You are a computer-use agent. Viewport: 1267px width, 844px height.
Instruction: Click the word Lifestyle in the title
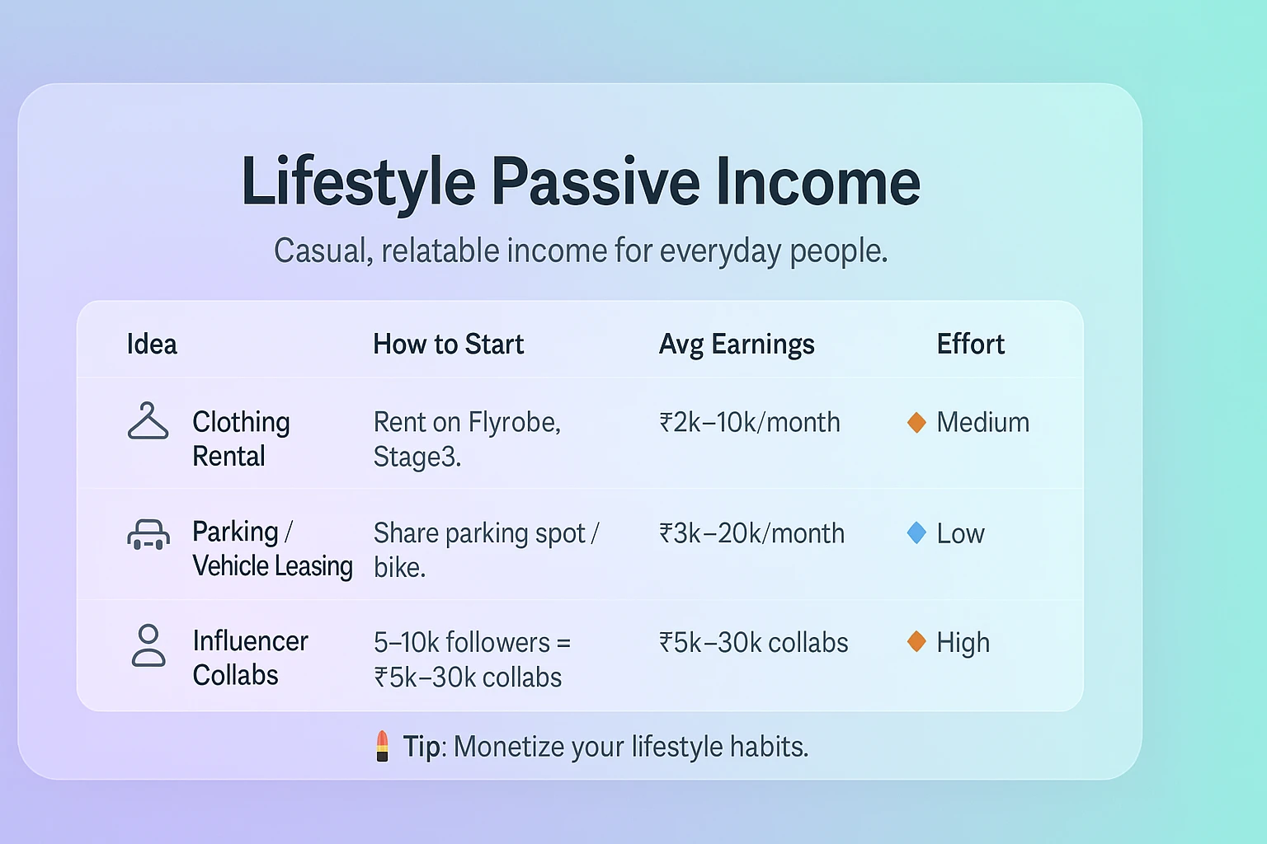[359, 183]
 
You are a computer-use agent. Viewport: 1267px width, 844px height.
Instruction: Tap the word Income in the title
[818, 182]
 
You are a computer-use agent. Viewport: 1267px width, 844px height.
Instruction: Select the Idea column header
[152, 344]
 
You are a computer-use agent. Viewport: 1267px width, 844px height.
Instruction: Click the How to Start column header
[449, 344]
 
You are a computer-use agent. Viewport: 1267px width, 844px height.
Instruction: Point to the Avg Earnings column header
[737, 345]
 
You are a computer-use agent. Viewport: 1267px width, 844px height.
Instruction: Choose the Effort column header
[971, 344]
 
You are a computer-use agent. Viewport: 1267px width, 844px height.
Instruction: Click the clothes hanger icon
[148, 420]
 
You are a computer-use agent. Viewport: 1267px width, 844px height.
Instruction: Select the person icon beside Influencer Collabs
[148, 645]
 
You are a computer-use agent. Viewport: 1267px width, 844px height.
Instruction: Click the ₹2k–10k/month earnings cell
[750, 422]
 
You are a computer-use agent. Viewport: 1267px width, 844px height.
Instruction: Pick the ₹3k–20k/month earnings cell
[751, 533]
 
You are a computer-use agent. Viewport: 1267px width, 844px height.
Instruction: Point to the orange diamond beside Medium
[916, 422]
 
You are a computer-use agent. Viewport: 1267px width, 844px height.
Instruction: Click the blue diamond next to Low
[916, 533]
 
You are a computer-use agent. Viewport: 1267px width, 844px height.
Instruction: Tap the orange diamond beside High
[916, 641]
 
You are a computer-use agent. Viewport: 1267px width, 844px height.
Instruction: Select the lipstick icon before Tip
[383, 746]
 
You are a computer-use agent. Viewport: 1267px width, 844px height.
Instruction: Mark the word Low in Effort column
[960, 533]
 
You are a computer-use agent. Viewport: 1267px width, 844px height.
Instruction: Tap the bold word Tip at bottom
[422, 747]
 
